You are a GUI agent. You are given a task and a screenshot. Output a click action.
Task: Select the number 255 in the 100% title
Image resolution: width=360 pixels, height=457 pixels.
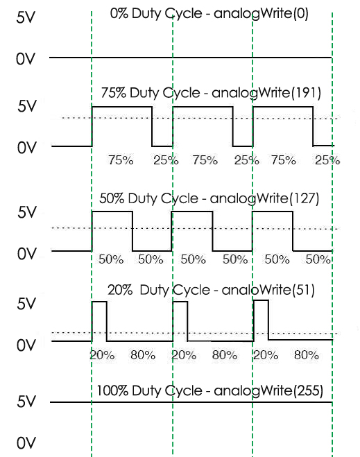[x=308, y=390]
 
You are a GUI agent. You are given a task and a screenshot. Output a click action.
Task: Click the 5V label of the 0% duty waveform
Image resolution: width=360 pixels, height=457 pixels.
[x=26, y=17]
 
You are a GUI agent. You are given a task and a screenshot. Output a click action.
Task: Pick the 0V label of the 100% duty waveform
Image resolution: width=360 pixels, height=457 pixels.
[x=26, y=443]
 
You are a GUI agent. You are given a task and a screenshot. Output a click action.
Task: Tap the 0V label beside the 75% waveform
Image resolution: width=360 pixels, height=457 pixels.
[x=27, y=148]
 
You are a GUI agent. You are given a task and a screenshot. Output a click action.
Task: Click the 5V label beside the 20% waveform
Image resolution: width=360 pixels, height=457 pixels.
[x=26, y=304]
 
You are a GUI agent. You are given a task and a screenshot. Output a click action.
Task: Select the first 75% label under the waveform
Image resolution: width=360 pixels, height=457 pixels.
[x=121, y=160]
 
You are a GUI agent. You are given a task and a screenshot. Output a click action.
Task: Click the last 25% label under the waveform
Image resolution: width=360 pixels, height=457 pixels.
[x=327, y=160]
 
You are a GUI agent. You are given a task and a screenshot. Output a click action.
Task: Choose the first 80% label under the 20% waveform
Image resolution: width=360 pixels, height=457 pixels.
[x=143, y=355]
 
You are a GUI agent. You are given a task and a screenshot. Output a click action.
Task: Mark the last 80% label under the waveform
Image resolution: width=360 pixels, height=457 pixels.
[x=307, y=355]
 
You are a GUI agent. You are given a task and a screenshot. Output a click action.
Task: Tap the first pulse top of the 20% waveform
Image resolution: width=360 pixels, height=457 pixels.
[x=99, y=302]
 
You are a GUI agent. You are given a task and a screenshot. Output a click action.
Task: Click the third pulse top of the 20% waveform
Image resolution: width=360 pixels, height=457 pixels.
[x=261, y=300]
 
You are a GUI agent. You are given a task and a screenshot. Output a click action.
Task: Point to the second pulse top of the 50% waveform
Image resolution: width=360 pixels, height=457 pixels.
[x=192, y=212]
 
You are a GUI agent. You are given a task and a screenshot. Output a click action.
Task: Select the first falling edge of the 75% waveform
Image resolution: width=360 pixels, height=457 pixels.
[x=152, y=126]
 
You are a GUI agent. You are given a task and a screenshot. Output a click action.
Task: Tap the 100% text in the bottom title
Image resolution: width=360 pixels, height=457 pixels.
[x=112, y=390]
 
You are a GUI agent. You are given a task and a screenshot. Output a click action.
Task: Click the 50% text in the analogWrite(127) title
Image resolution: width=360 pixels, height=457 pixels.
[x=112, y=198]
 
